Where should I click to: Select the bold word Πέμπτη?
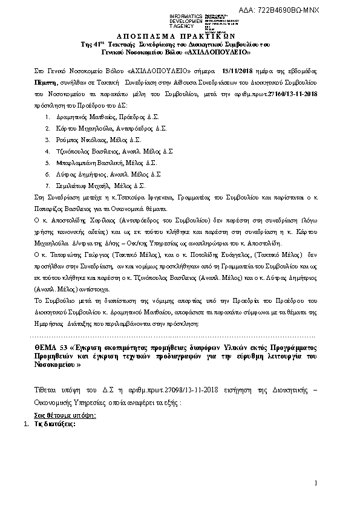click(46, 82)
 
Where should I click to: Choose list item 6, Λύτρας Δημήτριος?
click(79, 173)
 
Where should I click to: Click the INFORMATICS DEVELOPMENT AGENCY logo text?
click(187, 21)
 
